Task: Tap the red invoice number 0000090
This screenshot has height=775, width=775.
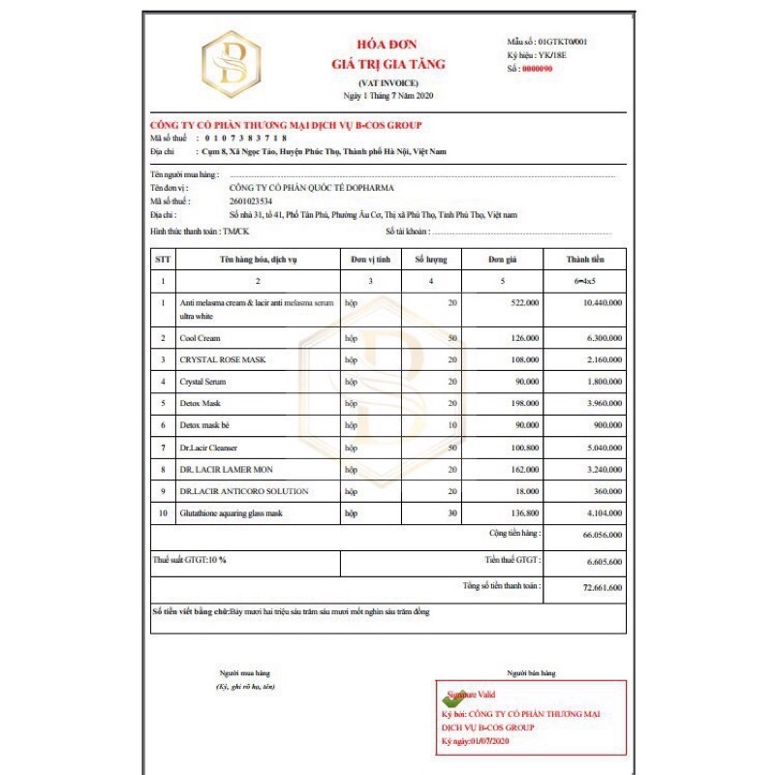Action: tap(538, 69)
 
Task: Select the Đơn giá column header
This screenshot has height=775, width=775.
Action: tap(501, 259)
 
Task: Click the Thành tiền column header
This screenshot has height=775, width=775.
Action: tap(586, 259)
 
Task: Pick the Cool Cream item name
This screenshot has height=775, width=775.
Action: tap(200, 338)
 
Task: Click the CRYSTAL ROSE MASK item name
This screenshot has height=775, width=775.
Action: tap(222, 359)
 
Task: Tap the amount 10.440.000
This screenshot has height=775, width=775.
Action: tap(602, 303)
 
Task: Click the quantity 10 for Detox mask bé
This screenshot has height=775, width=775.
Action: tap(451, 425)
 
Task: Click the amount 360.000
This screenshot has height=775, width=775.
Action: tap(606, 491)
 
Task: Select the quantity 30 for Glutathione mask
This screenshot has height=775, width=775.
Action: tap(451, 512)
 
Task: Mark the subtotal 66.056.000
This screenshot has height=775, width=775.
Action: tap(602, 534)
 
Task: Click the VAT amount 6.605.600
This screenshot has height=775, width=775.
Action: tap(604, 561)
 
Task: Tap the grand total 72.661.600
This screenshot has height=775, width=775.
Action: tap(602, 587)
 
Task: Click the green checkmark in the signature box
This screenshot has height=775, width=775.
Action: tap(448, 696)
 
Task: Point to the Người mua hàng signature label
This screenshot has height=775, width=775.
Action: tap(244, 672)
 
